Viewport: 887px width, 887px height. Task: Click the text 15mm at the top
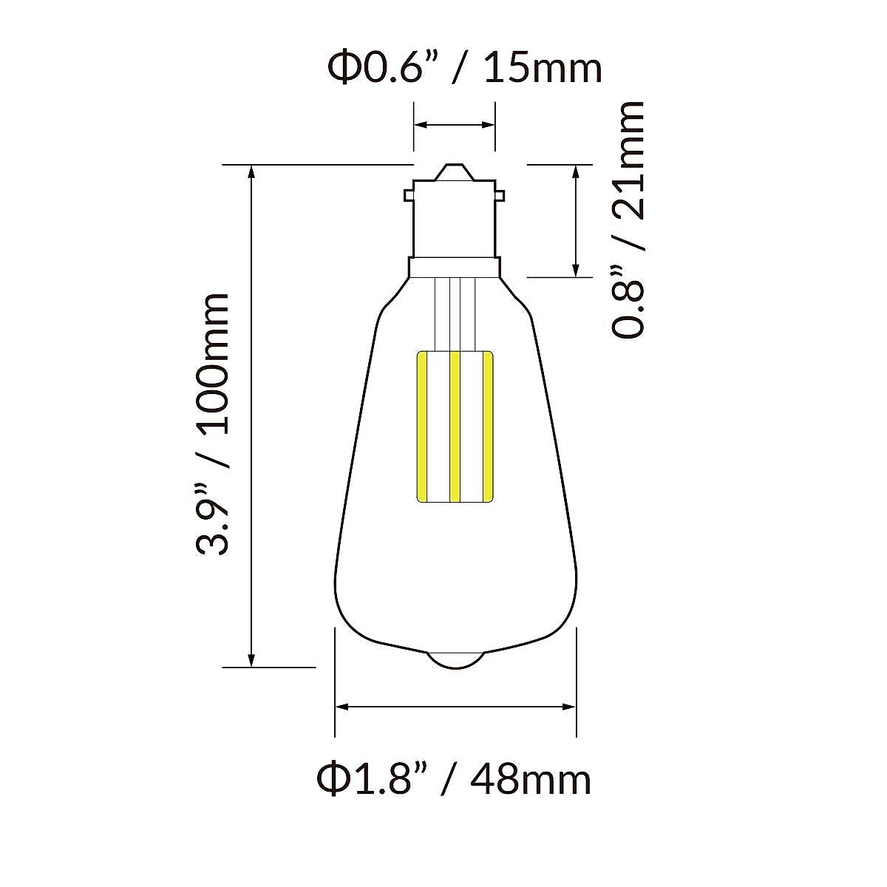[x=543, y=69]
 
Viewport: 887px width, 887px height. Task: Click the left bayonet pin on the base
[x=409, y=196]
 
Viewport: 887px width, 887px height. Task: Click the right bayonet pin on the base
[x=500, y=196]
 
